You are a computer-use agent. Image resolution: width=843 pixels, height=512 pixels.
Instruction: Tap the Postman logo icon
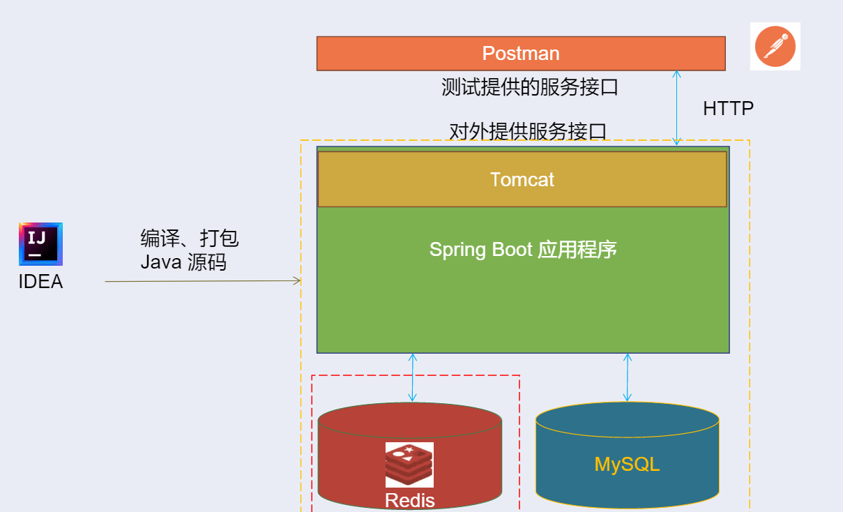pos(775,46)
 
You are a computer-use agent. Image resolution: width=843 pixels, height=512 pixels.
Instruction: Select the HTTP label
pos(728,109)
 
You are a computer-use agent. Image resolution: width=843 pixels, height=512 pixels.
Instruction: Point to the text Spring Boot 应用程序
pos(523,250)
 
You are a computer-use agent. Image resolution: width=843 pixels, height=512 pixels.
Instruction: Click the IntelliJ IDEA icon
pos(40,244)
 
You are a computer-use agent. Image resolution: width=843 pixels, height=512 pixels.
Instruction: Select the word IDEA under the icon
pos(40,282)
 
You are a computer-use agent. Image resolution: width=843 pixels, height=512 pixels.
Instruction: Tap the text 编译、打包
pos(190,239)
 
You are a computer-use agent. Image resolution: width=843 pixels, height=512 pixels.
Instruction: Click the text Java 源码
pos(183,262)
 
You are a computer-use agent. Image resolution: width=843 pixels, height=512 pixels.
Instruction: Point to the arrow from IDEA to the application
pos(202,281)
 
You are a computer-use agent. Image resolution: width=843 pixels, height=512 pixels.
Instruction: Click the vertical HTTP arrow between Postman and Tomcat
pos(676,107)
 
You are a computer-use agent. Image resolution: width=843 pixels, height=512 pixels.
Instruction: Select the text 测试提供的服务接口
pos(530,87)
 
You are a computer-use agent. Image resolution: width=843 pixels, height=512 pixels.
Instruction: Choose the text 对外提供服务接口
pos(528,130)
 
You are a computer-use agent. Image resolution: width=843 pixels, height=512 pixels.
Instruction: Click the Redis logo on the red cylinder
pos(409,465)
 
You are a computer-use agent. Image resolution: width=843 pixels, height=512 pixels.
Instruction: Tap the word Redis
pos(410,500)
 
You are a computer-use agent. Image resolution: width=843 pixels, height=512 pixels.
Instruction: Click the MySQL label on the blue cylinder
pos(627,465)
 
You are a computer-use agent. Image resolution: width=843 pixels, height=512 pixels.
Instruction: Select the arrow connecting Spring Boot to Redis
pos(413,377)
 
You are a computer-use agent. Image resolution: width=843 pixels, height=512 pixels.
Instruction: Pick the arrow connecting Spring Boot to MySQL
pos(627,377)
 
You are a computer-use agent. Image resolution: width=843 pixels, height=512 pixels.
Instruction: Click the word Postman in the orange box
pos(521,54)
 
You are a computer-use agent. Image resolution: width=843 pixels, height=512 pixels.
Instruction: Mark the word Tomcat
pos(522,180)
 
